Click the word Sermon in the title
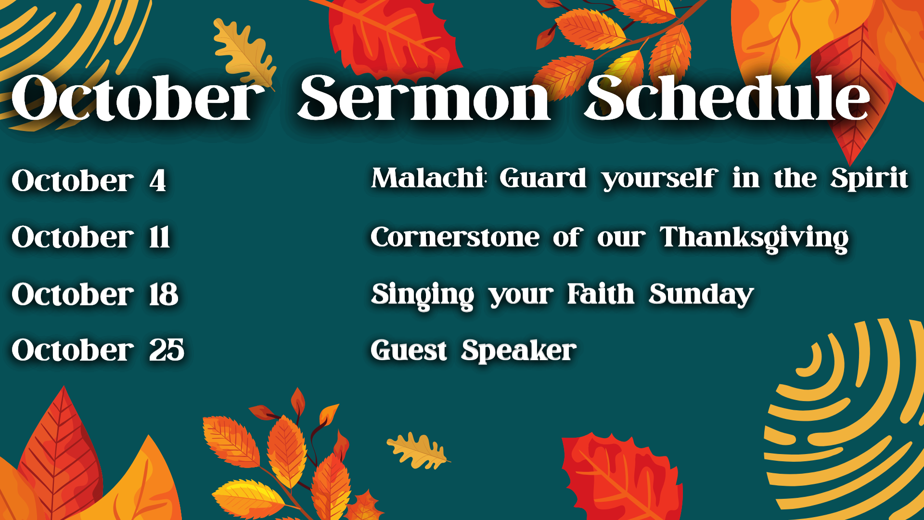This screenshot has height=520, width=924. tap(424, 98)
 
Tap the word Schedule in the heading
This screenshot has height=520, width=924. tap(727, 98)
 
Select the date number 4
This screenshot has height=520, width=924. tap(158, 181)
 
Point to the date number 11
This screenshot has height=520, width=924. tap(159, 237)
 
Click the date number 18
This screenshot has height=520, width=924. tap(164, 294)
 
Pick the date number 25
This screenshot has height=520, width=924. tap(167, 350)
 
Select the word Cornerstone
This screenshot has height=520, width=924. tap(455, 237)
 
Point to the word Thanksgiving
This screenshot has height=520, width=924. tap(754, 239)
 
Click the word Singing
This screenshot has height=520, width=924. tap(423, 296)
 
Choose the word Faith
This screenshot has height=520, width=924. tap(601, 294)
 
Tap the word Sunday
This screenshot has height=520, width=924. tap(701, 296)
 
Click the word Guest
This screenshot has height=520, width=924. tap(409, 350)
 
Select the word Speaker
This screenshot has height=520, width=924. tap(519, 351)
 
